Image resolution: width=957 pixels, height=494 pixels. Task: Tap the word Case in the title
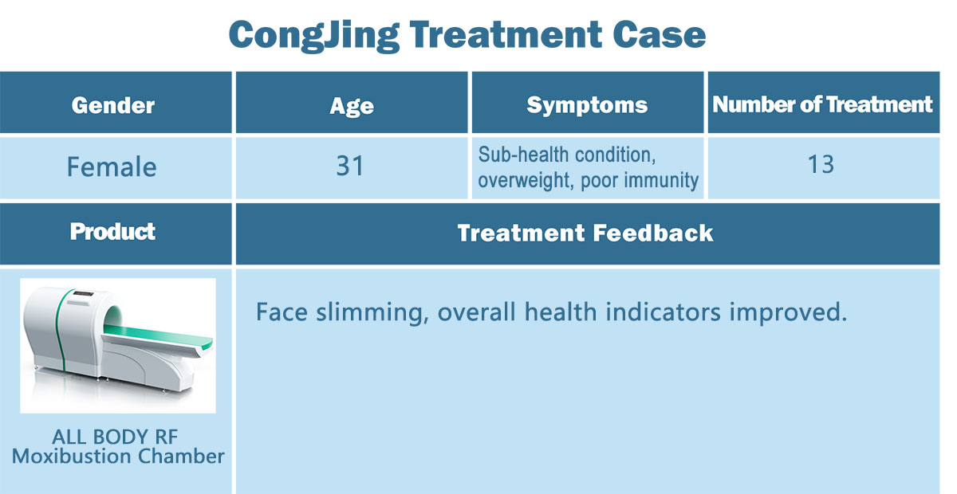point(659,34)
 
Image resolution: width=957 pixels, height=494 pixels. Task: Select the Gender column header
point(112,105)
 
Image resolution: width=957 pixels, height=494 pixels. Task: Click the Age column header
point(352,106)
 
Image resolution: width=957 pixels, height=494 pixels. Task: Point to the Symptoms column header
point(587,105)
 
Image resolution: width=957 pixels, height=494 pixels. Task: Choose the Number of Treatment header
point(822,104)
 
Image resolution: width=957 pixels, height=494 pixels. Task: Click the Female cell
point(112,166)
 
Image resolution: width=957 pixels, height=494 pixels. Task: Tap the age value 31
point(349,166)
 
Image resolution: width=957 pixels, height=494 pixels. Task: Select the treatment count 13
point(821,164)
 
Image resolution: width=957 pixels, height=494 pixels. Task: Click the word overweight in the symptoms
point(526,180)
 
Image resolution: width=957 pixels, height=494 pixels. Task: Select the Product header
point(112,232)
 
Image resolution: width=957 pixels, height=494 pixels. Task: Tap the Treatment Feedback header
point(585,233)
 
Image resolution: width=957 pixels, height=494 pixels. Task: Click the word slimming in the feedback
point(372,312)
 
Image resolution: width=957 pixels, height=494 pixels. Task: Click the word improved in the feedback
point(788,312)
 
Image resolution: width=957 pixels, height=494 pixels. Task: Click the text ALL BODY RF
point(115,437)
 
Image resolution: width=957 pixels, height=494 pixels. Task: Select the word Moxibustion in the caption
point(71,456)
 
